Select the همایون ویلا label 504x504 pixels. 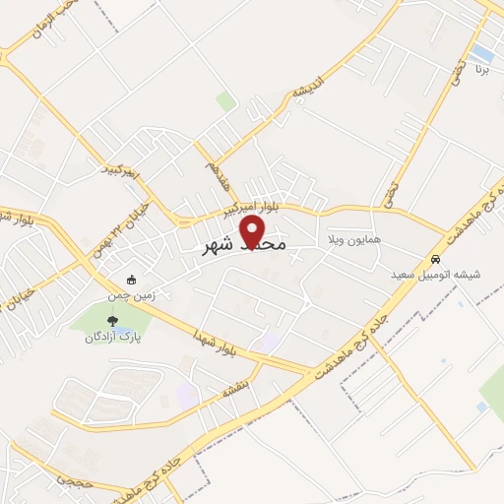click(x=349, y=239)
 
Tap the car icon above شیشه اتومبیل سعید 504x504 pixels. click(x=434, y=259)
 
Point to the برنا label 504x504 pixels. click(x=481, y=72)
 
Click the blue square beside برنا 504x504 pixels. click(x=481, y=51)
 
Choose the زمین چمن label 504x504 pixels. click(x=130, y=293)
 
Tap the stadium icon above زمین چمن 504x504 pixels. click(x=131, y=279)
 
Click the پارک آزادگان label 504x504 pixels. click(x=110, y=335)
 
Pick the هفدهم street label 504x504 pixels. click(x=206, y=162)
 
